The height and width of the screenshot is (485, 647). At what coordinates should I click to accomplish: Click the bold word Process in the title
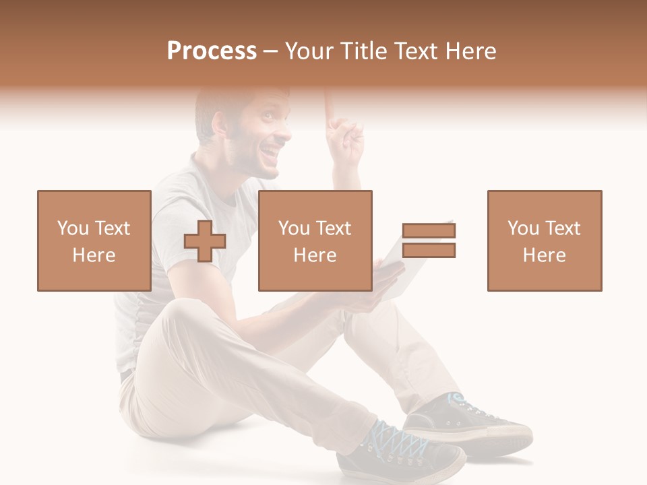(212, 51)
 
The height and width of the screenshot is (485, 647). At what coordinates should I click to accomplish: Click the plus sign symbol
(205, 241)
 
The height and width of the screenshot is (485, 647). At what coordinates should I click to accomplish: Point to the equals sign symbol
(429, 240)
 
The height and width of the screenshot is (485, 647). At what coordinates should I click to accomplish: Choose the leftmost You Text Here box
(94, 240)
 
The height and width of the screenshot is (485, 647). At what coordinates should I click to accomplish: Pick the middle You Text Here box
(315, 240)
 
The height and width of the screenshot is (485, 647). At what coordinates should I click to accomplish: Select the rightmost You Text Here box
(545, 240)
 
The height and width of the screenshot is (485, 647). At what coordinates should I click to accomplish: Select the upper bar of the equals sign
(429, 231)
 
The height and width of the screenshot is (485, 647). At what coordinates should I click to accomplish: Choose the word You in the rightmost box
(522, 228)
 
